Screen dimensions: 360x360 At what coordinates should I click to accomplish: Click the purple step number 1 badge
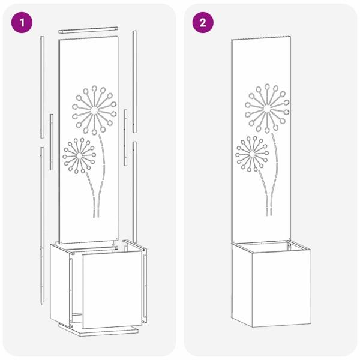(22, 23)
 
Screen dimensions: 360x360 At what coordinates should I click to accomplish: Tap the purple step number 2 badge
(203, 23)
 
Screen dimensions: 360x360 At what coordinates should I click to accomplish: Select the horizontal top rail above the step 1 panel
(88, 30)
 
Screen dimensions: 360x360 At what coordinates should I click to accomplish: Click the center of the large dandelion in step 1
(94, 110)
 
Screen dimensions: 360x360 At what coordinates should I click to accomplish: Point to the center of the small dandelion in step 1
(79, 155)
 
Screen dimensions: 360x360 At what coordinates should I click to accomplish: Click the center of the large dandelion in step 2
(267, 109)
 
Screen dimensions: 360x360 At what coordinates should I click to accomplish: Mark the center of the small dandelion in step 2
(252, 154)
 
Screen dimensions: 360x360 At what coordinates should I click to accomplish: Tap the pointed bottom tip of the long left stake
(42, 305)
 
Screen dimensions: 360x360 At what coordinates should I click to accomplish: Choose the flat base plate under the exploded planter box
(99, 330)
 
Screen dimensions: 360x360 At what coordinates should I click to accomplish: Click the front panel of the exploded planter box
(112, 289)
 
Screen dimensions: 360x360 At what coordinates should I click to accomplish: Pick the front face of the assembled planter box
(281, 287)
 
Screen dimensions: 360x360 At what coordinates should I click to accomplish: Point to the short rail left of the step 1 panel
(52, 142)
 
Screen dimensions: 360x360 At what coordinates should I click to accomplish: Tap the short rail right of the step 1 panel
(125, 137)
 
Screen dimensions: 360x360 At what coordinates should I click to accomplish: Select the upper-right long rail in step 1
(134, 82)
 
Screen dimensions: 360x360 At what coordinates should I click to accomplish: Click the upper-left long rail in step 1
(42, 87)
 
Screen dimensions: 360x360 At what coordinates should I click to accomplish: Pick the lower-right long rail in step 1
(134, 192)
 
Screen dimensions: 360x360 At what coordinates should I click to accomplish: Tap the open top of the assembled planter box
(271, 247)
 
